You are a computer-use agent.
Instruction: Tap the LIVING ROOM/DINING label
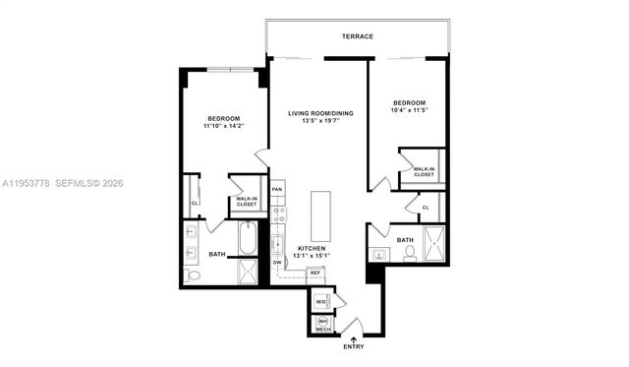(x=320, y=114)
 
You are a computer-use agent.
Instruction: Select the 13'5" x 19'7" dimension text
(x=320, y=123)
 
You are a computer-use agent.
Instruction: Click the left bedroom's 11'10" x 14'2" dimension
(x=222, y=126)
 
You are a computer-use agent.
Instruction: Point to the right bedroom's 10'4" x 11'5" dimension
(x=409, y=110)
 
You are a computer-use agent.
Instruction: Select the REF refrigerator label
(x=315, y=272)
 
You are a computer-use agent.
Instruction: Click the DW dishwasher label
(x=277, y=263)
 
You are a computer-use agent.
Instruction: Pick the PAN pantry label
(x=277, y=189)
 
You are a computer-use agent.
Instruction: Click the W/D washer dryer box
(x=320, y=300)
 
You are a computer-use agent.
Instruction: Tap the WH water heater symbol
(x=321, y=321)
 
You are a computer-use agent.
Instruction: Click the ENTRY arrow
(x=354, y=338)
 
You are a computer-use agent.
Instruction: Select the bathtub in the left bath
(x=248, y=238)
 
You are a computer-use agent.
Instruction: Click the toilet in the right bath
(x=409, y=253)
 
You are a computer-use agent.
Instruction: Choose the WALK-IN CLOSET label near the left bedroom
(x=248, y=202)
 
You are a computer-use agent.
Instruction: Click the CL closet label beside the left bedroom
(x=195, y=204)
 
